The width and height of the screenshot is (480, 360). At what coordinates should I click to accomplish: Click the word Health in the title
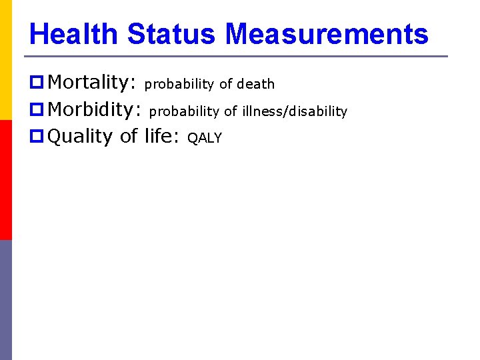tap(73, 33)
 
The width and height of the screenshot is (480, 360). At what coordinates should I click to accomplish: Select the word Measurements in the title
tap(327, 33)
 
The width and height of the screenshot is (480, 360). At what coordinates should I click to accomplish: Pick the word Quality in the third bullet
tap(81, 137)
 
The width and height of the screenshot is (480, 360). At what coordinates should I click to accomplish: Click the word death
tap(256, 84)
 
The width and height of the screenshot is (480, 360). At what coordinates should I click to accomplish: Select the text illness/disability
tap(294, 111)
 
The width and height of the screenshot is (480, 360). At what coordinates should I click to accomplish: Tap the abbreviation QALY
tap(205, 139)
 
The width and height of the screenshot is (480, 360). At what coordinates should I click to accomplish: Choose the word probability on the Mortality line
tap(179, 85)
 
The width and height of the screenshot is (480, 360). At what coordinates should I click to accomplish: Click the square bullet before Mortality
tap(37, 83)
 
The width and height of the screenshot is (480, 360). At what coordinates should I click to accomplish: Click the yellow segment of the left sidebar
tap(6, 60)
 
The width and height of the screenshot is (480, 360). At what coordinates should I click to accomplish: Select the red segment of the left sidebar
tap(6, 180)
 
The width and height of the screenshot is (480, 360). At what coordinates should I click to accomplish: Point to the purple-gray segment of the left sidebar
tap(6, 300)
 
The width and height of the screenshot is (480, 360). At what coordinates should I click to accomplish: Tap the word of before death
tap(226, 84)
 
